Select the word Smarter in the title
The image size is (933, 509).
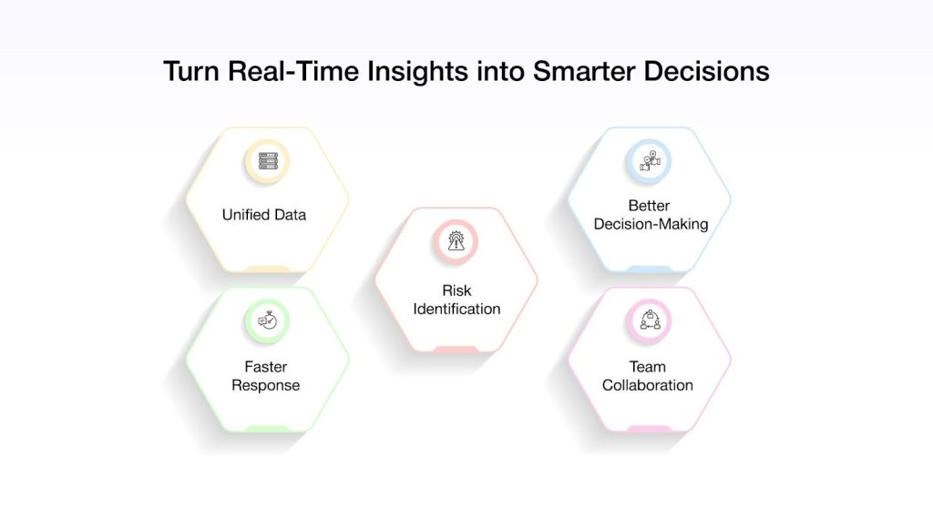click(x=583, y=71)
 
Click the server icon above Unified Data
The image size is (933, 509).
click(x=267, y=161)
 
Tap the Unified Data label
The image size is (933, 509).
click(x=264, y=215)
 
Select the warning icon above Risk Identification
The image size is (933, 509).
click(x=456, y=241)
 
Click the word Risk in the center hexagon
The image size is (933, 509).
click(x=456, y=290)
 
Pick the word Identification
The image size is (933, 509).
click(x=456, y=309)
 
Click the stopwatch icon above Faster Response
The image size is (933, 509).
click(x=267, y=321)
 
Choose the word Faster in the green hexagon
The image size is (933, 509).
click(x=265, y=367)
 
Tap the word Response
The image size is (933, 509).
click(x=265, y=385)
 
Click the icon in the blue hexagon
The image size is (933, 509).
click(x=649, y=161)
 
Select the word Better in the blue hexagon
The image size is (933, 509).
click(x=650, y=205)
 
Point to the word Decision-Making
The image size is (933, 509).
click(x=650, y=224)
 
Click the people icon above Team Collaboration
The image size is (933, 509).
click(x=649, y=321)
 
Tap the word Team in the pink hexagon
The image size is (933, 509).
click(x=648, y=367)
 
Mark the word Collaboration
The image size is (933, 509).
click(x=648, y=385)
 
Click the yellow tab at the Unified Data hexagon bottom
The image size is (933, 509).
click(x=267, y=270)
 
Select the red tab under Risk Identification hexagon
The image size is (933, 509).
click(x=456, y=350)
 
